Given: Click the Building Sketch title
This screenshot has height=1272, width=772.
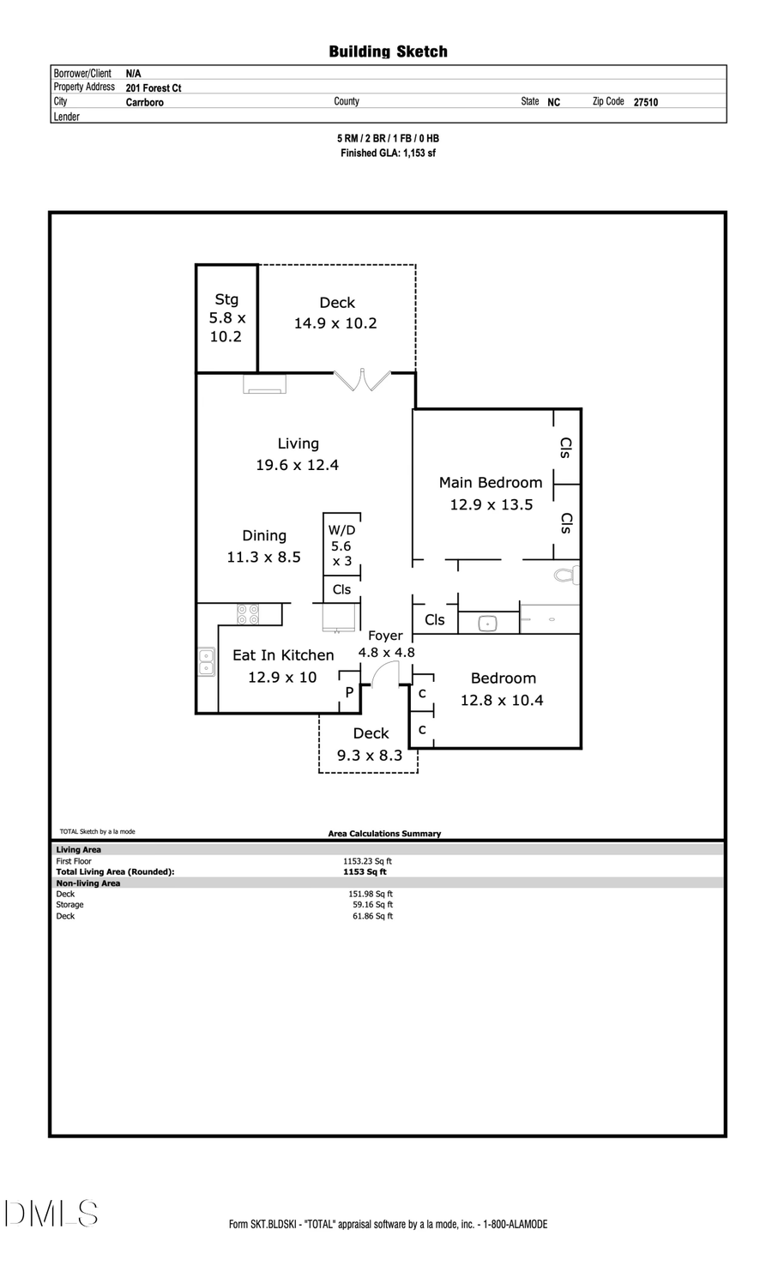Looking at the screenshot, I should click(x=388, y=51).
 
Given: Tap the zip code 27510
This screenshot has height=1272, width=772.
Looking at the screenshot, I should click(x=646, y=102).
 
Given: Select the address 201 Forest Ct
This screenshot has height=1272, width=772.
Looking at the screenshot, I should click(x=154, y=87).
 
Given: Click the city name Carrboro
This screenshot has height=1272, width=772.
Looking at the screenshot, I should click(x=144, y=102).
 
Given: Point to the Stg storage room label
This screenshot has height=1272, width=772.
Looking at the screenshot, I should click(x=226, y=299).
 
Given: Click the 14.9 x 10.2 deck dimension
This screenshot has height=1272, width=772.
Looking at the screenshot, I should click(x=335, y=323).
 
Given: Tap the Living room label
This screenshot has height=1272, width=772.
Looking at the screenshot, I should click(x=298, y=443).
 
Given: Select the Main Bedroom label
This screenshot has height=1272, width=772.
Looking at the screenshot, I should click(x=491, y=483).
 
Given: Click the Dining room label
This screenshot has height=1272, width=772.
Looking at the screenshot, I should click(x=264, y=536).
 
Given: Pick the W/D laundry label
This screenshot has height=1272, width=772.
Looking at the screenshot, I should click(x=341, y=531).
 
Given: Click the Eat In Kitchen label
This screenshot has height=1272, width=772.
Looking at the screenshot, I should click(x=283, y=655).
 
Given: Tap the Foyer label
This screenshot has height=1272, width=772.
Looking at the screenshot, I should click(x=385, y=636).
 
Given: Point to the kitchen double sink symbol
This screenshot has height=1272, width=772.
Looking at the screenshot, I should click(x=207, y=662).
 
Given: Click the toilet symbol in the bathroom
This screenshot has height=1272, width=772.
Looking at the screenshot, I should click(x=566, y=575).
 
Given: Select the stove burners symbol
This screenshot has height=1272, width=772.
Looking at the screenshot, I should click(x=249, y=614).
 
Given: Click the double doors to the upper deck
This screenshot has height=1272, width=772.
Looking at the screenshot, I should click(x=362, y=380).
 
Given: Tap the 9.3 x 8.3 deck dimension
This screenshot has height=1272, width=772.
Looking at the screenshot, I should click(x=370, y=756).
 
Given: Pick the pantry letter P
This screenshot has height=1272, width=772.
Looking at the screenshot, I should click(x=349, y=692).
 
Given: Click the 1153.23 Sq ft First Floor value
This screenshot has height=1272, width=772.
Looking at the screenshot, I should click(x=367, y=861).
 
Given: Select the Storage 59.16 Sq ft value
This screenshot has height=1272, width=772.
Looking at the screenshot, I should click(x=372, y=905).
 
